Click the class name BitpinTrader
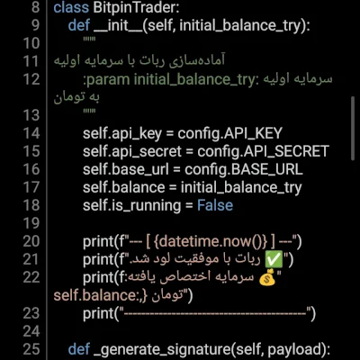(x=136, y=7)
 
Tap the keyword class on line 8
(x=71, y=7)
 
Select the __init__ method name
(x=118, y=26)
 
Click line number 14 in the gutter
(x=31, y=133)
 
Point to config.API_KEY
(x=230, y=133)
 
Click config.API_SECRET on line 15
(x=264, y=151)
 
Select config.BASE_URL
(x=244, y=169)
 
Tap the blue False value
(x=215, y=205)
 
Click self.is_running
(x=132, y=206)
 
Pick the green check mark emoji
(x=274, y=259)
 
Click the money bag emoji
(x=267, y=277)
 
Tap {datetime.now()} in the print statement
(x=211, y=241)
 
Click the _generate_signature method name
(x=163, y=350)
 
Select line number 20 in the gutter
(x=31, y=241)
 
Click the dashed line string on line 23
(x=216, y=314)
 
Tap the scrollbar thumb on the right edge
(x=353, y=129)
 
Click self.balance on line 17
(x=124, y=187)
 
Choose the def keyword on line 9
(x=79, y=25)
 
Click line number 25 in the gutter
(x=31, y=349)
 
